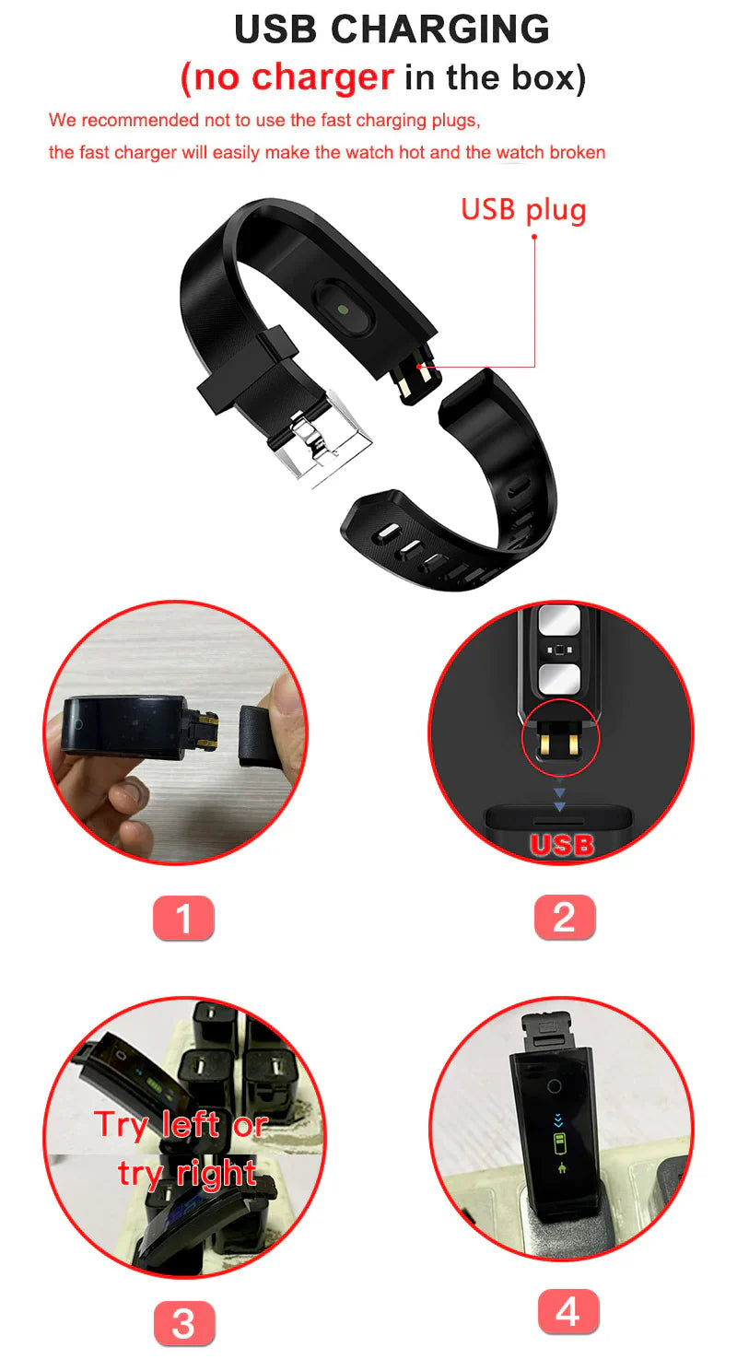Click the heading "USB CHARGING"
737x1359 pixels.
point(392,29)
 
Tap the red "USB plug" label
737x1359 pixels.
point(523,209)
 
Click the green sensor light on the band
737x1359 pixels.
point(343,310)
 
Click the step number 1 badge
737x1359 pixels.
point(183,918)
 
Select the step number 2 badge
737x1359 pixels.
point(564,918)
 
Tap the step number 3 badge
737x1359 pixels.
point(183,1323)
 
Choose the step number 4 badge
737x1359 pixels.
point(567,1311)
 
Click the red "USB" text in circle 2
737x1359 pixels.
point(561,844)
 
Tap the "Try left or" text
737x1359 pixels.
point(181,1125)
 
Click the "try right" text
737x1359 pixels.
point(187,1174)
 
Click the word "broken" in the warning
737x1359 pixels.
point(578,152)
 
